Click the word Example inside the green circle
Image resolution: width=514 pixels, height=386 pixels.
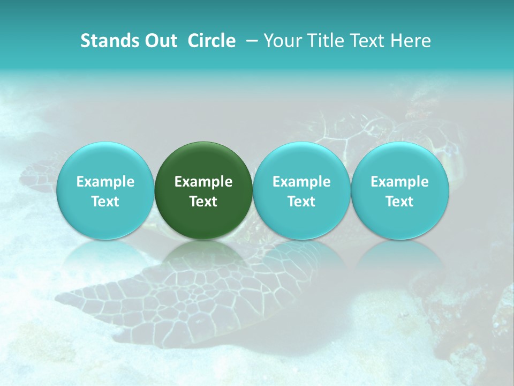tap(203, 182)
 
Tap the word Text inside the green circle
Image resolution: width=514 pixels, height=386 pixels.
tap(203, 202)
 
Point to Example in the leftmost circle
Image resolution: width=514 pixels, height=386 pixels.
tap(105, 182)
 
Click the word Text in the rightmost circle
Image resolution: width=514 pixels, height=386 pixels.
tap(400, 202)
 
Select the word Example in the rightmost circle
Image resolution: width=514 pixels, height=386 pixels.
tap(400, 182)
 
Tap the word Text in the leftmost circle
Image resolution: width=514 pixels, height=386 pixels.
tap(105, 202)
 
